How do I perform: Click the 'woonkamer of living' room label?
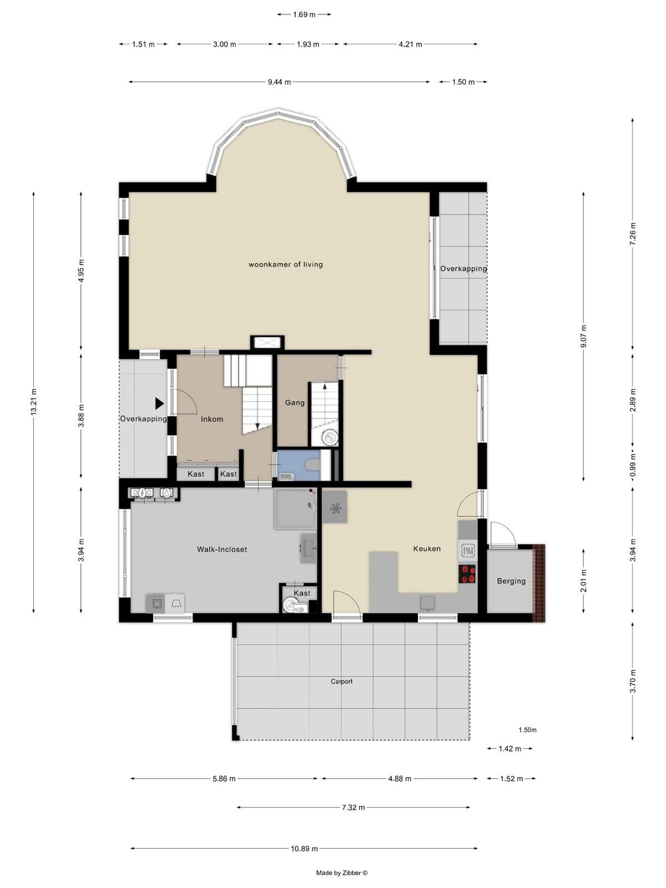coord(285,265)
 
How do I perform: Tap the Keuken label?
coord(427,548)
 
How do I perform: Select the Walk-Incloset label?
coord(222,549)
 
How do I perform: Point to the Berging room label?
coord(511,581)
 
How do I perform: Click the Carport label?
coord(342,682)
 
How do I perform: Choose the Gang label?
coord(295,402)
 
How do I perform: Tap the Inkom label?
coord(212,419)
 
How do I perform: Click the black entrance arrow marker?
coord(159,403)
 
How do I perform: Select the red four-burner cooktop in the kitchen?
coord(467,574)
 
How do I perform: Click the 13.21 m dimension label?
coord(33,401)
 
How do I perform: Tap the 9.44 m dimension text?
coord(279,82)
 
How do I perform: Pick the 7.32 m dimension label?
coord(354,808)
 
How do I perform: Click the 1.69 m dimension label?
coord(304,14)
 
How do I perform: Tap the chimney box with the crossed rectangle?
coord(268,342)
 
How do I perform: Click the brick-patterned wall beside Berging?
coord(538,583)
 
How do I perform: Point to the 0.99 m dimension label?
coord(633,465)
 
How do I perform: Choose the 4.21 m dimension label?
coord(411,44)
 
